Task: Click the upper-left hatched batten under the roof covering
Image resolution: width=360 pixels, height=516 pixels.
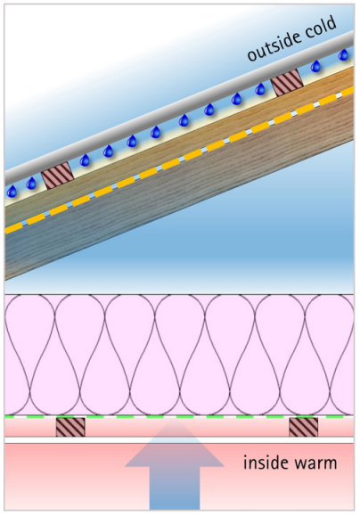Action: tap(58, 176)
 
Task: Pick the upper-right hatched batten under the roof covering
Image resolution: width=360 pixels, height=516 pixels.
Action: tap(287, 83)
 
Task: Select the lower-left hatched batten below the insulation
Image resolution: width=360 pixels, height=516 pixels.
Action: tap(70, 427)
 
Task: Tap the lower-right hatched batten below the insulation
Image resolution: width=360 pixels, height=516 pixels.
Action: tap(303, 427)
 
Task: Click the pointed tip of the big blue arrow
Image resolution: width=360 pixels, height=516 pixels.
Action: tap(175, 418)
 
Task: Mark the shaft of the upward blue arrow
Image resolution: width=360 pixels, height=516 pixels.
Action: tap(175, 487)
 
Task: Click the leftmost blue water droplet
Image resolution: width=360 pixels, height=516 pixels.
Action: tap(12, 192)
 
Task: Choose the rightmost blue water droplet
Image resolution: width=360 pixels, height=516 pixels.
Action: tap(344, 54)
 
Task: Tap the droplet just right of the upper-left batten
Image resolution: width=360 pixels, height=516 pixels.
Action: tap(85, 160)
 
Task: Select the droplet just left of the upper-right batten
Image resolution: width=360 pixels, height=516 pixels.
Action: tap(260, 89)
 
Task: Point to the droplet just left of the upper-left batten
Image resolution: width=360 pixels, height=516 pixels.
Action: tap(31, 183)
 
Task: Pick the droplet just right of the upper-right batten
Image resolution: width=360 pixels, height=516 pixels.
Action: tap(316, 66)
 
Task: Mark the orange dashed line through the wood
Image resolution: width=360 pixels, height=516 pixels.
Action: tap(179, 160)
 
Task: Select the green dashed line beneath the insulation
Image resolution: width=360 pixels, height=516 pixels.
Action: tap(179, 416)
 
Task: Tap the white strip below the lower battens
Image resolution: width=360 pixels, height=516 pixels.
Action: tap(179, 440)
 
